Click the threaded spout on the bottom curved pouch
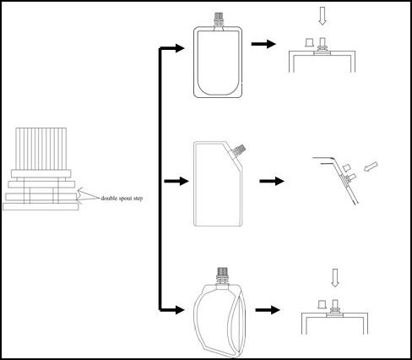(x=223, y=276)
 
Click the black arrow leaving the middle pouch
(x=270, y=181)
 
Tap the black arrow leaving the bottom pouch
(x=269, y=310)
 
